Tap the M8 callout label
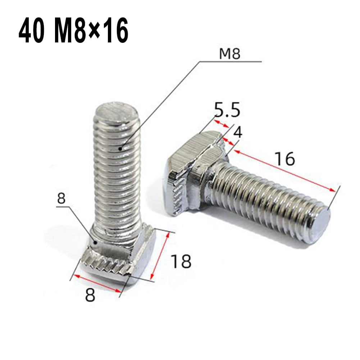coord(229,54)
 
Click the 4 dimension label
coord(238,132)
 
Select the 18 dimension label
coord(181,261)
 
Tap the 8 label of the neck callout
coord(62,199)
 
